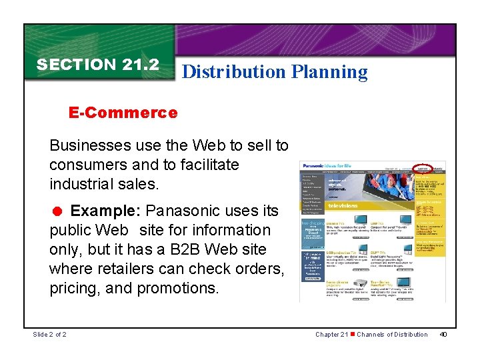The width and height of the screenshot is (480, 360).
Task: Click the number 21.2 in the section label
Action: coord(140,65)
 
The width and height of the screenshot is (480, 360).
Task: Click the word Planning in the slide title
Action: coord(329,72)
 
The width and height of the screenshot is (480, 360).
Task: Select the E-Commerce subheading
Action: coord(123,113)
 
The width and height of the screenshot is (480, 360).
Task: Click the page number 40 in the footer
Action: coord(443,334)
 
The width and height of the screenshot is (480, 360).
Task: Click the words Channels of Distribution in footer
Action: coord(392,334)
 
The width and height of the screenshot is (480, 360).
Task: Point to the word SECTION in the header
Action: coord(76,65)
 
